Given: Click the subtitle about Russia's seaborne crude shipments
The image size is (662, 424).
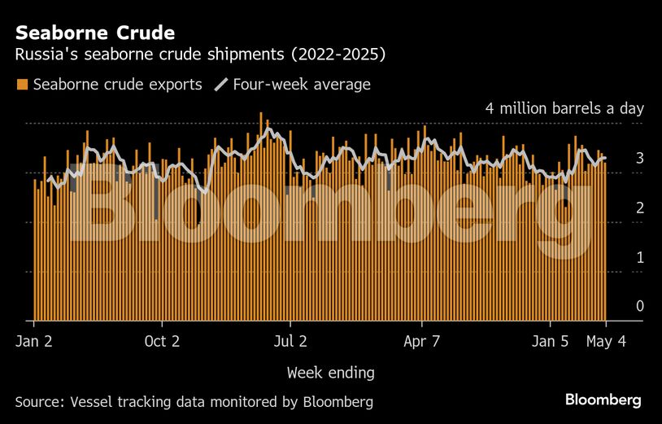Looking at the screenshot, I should tap(200, 55).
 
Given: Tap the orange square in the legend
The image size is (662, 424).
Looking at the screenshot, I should tap(22, 85).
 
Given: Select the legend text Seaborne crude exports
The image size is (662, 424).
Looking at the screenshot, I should tap(117, 85).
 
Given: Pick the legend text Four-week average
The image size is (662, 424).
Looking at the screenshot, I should tap(301, 85).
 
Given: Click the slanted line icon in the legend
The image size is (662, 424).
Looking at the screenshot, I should tap(220, 85).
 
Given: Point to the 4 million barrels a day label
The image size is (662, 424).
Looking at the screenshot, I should tap(564, 109).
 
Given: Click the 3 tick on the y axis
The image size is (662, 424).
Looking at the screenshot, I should tap(639, 158).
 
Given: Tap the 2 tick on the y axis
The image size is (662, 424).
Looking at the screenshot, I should tap(639, 208).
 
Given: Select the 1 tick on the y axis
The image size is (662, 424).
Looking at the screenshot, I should tap(639, 257).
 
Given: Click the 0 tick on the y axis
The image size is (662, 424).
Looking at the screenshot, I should tap(639, 306).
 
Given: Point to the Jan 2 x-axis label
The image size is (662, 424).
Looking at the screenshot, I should tap(34, 341).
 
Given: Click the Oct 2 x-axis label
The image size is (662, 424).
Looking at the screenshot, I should tap(162, 341).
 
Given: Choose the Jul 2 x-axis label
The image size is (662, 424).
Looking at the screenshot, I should tap(290, 341).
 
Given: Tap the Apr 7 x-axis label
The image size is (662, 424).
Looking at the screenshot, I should tap(421, 341).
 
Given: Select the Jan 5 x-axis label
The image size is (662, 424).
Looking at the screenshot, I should tap(550, 341).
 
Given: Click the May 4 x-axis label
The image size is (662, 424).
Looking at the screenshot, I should tap(606, 341).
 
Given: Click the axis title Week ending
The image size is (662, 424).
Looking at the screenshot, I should tap(330, 373).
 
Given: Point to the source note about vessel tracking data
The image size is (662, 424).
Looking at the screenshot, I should tap(194, 401).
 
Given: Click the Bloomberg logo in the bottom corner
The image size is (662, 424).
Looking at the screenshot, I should tap(603, 400).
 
